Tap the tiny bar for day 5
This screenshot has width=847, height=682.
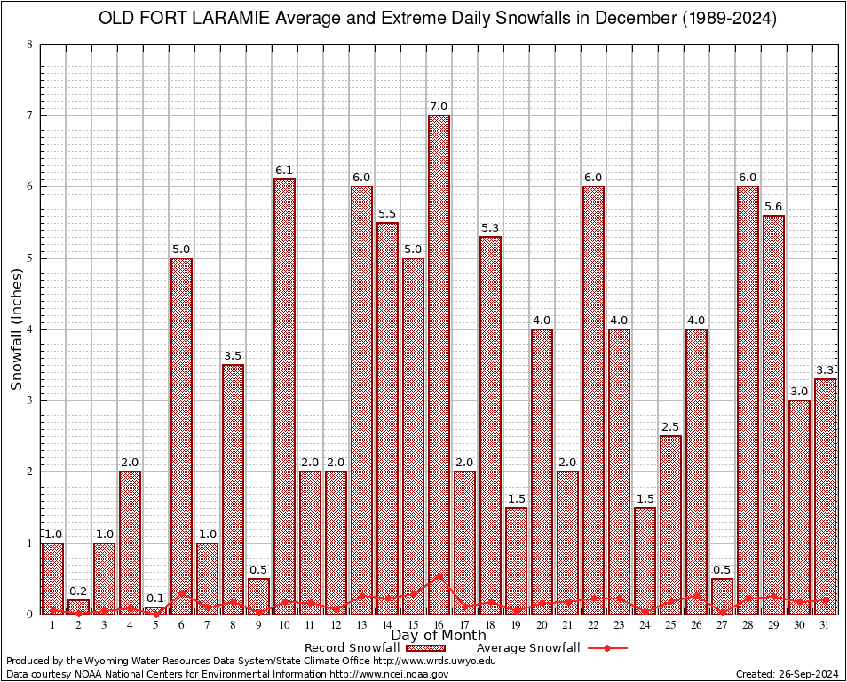[155, 611]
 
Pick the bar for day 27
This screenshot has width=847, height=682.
[722, 596]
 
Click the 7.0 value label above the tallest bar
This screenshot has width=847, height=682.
[439, 107]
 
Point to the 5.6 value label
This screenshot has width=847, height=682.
[773, 207]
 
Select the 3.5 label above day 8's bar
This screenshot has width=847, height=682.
[233, 356]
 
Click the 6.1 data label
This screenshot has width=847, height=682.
[284, 170]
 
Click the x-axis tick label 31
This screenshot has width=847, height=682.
[825, 625]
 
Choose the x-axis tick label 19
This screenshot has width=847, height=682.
[516, 625]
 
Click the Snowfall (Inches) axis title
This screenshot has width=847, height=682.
[16, 329]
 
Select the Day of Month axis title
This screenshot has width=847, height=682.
[438, 636]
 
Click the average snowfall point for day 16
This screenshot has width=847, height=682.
[439, 575]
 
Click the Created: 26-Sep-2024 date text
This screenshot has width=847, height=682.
[787, 674]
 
